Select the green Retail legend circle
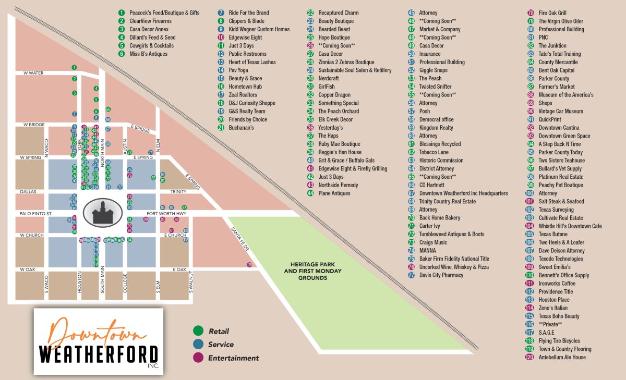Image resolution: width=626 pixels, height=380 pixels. (198, 331)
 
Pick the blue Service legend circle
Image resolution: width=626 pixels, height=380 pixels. (198, 345)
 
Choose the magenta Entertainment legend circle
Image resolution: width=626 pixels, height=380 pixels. (198, 358)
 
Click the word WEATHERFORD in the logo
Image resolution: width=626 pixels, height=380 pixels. (99, 354)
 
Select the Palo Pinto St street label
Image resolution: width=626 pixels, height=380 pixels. (34, 213)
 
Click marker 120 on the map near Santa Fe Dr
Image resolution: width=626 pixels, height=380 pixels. (249, 265)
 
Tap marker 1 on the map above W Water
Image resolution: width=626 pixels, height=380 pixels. (75, 67)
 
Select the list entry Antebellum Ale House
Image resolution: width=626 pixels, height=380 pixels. (562, 357)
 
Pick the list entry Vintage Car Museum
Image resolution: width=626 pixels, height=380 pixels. (561, 111)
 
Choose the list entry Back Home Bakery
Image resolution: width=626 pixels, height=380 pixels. (440, 218)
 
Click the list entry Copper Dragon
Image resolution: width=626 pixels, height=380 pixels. (334, 95)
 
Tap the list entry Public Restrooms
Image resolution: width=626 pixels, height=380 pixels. (247, 54)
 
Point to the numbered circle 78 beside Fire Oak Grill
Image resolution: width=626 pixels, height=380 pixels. (531, 13)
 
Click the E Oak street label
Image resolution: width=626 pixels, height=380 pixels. (179, 269)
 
